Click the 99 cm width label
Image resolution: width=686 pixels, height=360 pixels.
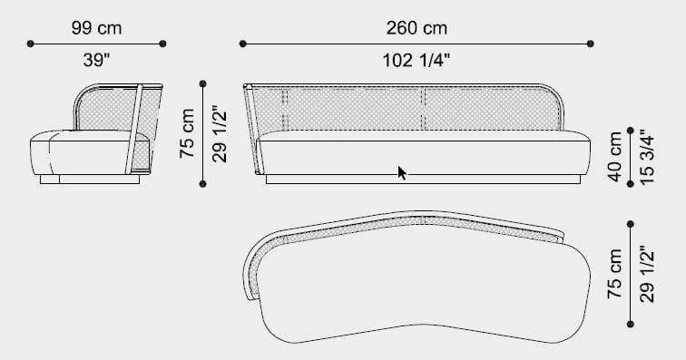(96, 28)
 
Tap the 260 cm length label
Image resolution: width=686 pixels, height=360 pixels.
(416, 28)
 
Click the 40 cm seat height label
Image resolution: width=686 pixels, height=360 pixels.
(617, 157)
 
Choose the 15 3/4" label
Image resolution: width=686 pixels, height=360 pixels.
(645, 157)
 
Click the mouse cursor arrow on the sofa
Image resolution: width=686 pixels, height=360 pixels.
(402, 172)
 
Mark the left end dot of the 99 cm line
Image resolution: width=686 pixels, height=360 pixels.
(31, 43)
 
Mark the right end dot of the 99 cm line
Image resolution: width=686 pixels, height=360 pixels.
(163, 43)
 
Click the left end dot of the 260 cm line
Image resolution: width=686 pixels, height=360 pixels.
(243, 43)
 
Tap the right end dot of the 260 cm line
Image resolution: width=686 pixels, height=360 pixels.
(591, 43)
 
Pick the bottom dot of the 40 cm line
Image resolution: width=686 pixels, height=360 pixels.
(631, 184)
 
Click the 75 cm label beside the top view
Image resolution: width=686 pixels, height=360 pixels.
(616, 274)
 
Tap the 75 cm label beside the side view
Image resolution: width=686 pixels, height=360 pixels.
(188, 133)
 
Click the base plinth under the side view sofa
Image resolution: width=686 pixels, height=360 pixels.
(89, 180)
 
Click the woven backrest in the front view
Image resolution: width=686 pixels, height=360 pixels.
(363, 109)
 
